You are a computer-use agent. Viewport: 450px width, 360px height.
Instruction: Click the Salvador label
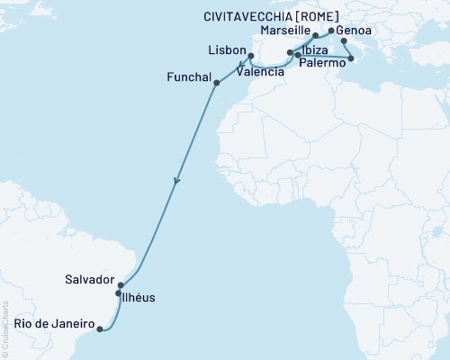click(x=89, y=280)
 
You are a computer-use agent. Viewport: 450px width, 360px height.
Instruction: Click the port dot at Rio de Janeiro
click(x=99, y=329)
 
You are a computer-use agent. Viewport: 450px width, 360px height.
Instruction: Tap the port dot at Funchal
click(x=216, y=83)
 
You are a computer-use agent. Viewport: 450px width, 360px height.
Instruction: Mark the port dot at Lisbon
click(x=251, y=57)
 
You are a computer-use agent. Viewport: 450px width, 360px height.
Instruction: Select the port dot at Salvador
click(x=121, y=285)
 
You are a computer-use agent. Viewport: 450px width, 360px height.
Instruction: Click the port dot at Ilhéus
click(x=118, y=293)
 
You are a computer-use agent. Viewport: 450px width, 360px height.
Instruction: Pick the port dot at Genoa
click(x=331, y=31)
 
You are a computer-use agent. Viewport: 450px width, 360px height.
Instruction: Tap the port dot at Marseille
click(x=316, y=36)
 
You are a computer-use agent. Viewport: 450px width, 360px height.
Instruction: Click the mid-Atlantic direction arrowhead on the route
click(x=176, y=181)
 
